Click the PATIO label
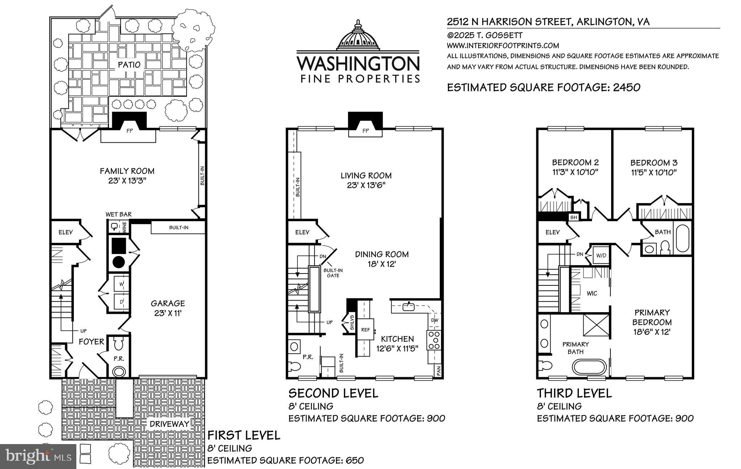point(129,65)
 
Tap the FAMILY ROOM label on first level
point(127,171)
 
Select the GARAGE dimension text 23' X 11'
point(168,313)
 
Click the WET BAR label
point(118,214)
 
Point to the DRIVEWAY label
point(169,424)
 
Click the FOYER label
point(91,341)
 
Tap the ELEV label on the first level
point(66,232)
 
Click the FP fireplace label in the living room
point(365,131)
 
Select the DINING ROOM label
point(382,254)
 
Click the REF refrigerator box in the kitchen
point(365,330)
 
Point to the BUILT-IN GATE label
point(333,273)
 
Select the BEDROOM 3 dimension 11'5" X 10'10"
point(654,173)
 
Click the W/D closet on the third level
point(601,255)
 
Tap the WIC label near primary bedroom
point(592,293)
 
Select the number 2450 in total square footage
point(626,87)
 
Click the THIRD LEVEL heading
point(574,393)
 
